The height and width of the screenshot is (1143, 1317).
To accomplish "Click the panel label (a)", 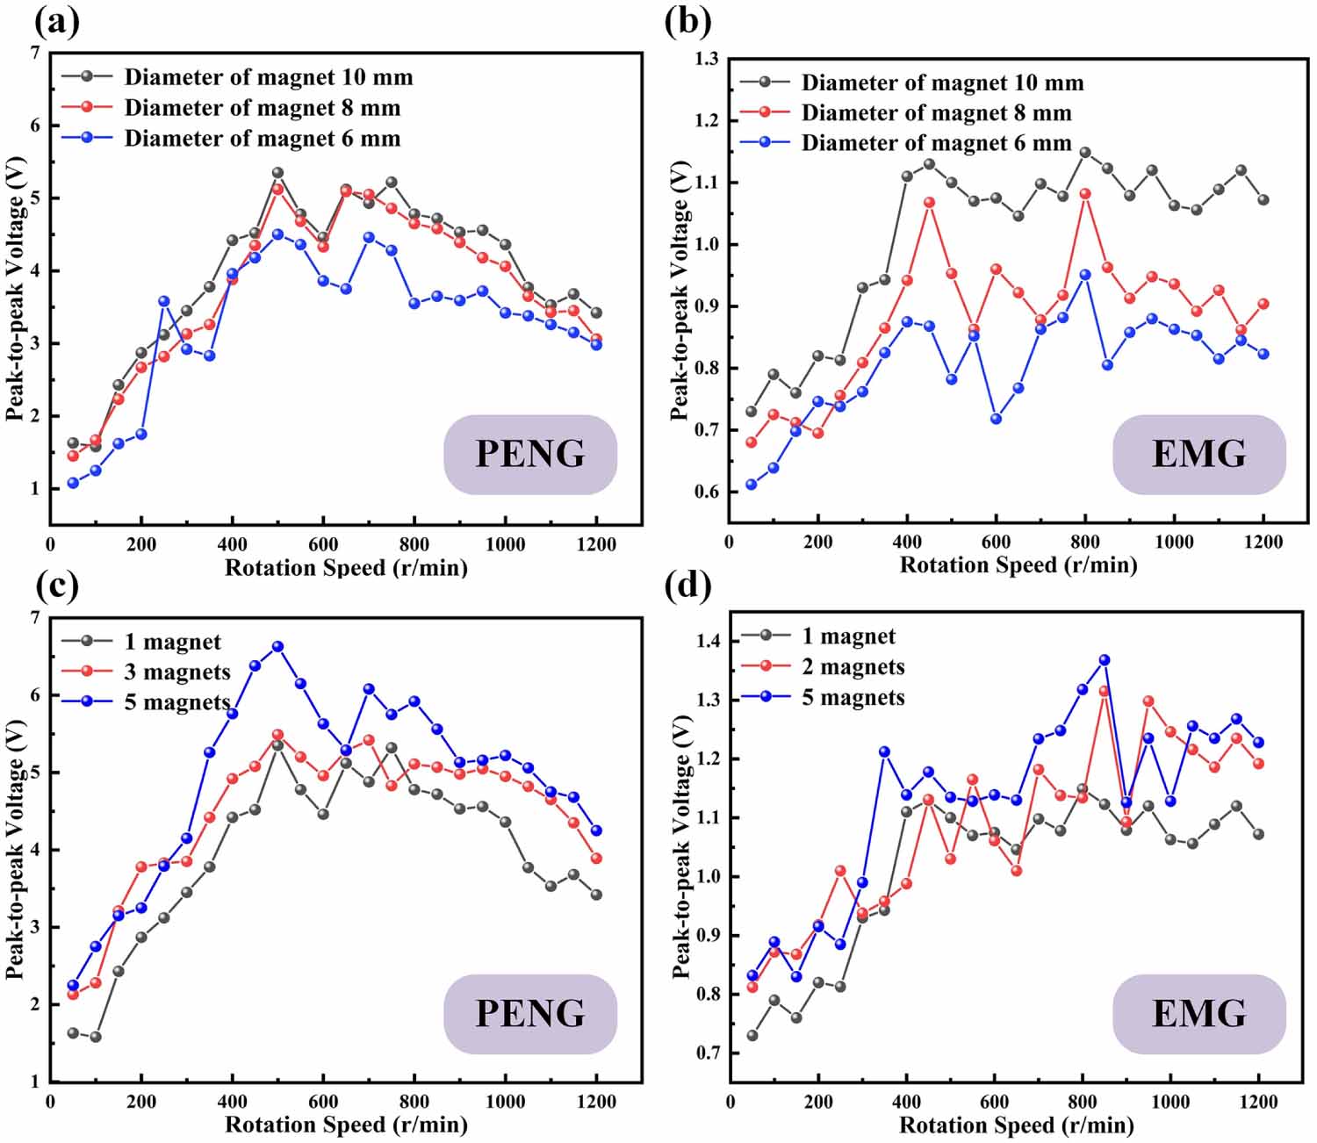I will coord(54,21).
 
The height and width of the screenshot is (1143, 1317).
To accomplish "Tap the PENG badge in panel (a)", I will coord(530,454).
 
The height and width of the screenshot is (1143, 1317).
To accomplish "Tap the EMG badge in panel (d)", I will coord(1198,1013).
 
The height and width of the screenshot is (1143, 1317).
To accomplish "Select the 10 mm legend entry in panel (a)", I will coord(268,77).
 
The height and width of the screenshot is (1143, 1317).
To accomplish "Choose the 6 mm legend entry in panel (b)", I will coord(936,143).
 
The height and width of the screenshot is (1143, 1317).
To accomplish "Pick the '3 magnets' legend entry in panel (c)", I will coord(176,672).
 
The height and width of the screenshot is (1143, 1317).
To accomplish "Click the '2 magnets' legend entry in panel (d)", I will coord(853,667).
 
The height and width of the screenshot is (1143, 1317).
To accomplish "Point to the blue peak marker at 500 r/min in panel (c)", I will coord(277,646).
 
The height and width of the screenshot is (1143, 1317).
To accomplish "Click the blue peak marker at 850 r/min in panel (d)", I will coord(1105,659).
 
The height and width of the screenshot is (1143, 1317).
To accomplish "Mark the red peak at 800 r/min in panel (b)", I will coord(1085,193).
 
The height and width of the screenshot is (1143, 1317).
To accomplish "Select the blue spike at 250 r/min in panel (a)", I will coord(163,301).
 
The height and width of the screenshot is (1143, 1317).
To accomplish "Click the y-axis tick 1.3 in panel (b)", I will coord(707,59).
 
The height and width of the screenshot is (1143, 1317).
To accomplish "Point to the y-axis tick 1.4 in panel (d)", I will coord(709,641).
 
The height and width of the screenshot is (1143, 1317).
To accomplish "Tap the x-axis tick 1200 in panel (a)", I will coord(596,544).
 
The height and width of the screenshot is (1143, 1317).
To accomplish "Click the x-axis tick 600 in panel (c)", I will coord(323,1102).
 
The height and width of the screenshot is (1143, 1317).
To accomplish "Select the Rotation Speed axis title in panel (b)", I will coord(1018,565).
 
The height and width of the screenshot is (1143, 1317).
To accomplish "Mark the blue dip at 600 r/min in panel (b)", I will coord(996,419).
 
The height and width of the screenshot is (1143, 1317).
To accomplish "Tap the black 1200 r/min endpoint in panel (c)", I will coord(596,895).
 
